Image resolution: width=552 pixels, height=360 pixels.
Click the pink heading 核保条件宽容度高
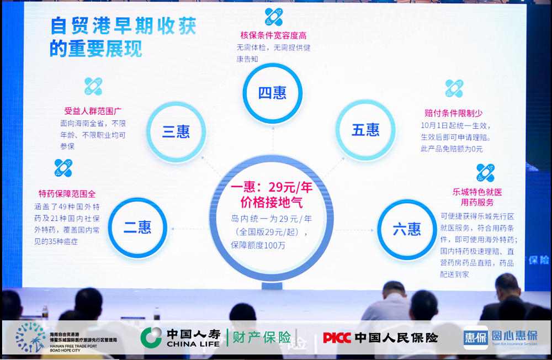[x=274, y=35]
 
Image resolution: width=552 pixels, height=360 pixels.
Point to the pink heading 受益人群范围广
[x=93, y=112]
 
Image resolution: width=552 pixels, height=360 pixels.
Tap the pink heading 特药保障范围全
[x=67, y=194]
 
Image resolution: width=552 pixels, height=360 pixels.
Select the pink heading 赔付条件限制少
[x=453, y=113]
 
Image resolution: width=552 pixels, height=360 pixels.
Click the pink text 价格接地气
[x=272, y=203]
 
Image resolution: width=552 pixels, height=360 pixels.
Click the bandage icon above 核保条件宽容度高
[x=274, y=17]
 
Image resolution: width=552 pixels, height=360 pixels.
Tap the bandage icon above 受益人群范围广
[x=93, y=86]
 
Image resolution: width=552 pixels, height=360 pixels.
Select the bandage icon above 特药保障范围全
[x=63, y=168]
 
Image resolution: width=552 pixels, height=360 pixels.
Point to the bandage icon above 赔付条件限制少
[x=454, y=88]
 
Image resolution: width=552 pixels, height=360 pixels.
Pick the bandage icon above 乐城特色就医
[x=485, y=173]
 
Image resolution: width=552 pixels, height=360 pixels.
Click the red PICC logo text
[x=337, y=338]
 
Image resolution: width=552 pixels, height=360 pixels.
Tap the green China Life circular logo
[x=151, y=337]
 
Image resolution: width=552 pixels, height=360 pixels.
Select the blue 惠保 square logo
[x=476, y=337]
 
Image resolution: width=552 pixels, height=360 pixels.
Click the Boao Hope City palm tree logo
[x=30, y=337]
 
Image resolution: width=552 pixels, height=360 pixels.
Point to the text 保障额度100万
[x=258, y=245]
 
